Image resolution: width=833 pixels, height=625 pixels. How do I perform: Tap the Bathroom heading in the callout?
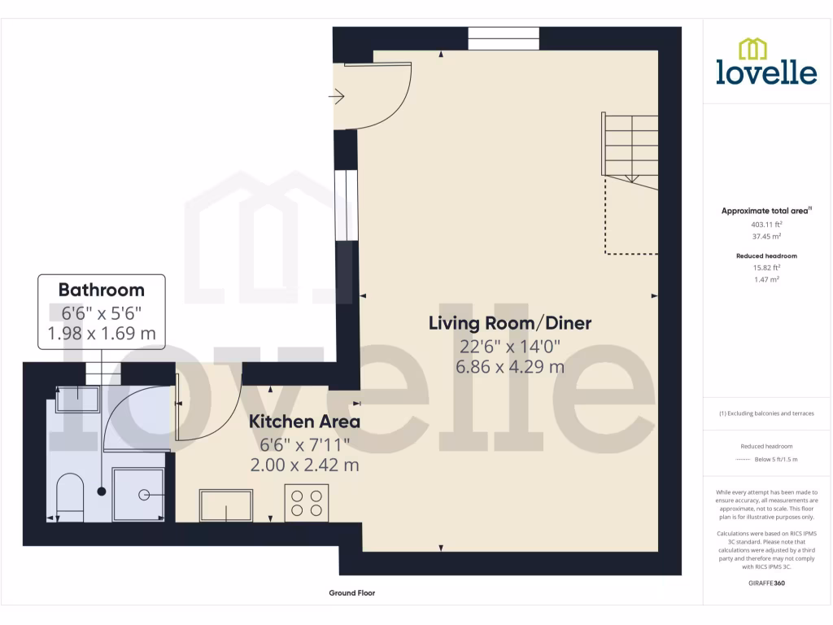tap(102, 290)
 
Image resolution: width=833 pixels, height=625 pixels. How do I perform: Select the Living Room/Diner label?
tap(510, 323)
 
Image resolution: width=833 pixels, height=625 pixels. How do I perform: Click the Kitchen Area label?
tap(304, 422)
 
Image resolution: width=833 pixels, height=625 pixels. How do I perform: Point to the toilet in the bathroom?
tap(71, 495)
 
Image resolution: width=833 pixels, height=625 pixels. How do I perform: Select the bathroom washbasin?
tap(76, 396)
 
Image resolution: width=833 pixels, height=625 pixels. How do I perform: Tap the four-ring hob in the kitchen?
tap(307, 502)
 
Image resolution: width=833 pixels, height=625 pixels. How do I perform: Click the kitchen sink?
tap(227, 505)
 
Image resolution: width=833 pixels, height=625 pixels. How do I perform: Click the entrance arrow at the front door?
tap(336, 98)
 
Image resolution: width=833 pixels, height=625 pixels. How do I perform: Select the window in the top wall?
tap(504, 38)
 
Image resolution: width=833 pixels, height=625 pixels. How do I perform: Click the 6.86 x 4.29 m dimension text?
tap(510, 366)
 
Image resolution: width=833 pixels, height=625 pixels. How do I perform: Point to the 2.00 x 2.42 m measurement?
tap(304, 465)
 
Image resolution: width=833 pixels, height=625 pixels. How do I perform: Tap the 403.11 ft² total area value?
tap(765, 224)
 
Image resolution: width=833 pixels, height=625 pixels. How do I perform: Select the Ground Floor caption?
tap(351, 593)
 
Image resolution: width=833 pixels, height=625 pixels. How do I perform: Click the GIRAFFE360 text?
tap(765, 583)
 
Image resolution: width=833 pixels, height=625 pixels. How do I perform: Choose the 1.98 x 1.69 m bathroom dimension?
tap(102, 333)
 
